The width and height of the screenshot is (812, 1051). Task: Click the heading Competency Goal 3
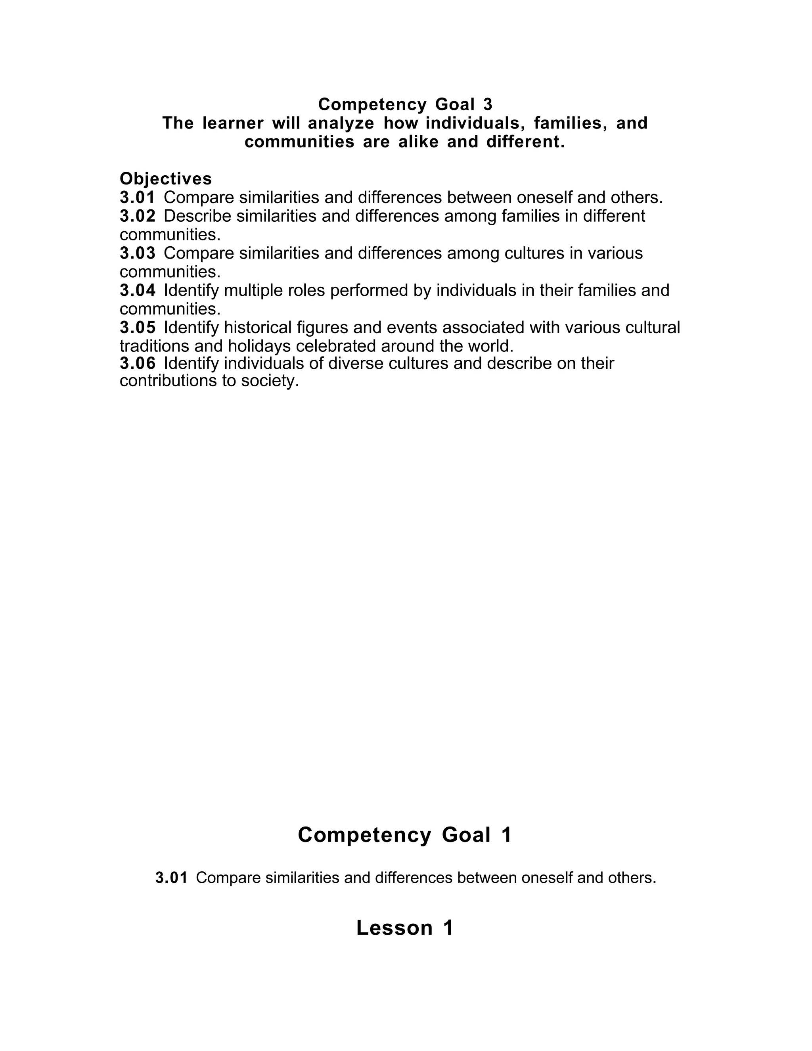[x=405, y=104]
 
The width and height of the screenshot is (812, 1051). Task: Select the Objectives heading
[x=165, y=179]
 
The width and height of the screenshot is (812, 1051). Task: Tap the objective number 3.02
[x=138, y=216]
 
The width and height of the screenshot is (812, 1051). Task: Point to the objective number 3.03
[x=138, y=253]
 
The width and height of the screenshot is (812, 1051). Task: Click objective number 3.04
[x=138, y=290]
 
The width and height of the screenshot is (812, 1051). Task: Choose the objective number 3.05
[x=138, y=327]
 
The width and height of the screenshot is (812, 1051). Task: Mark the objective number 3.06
[x=138, y=363]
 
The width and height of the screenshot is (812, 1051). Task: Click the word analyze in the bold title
[x=341, y=123]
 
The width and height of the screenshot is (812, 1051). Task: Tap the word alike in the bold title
[x=419, y=142]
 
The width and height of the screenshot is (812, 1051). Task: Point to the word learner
[x=233, y=123]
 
